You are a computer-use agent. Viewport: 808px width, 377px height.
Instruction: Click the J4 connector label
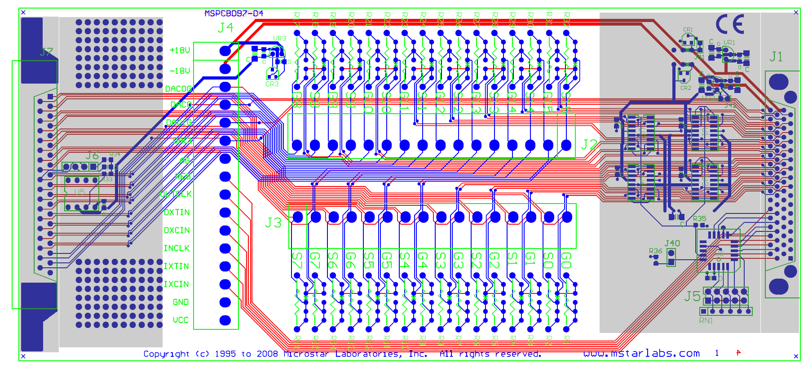click(x=225, y=28)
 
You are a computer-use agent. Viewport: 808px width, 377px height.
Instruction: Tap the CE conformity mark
click(x=730, y=24)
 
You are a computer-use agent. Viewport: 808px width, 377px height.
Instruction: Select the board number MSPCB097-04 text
click(x=234, y=13)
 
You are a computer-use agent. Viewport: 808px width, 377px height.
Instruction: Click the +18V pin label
click(x=180, y=50)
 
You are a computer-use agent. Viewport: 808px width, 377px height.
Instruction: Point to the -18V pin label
click(x=180, y=71)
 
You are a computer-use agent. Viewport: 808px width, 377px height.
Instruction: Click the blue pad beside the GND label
click(x=225, y=302)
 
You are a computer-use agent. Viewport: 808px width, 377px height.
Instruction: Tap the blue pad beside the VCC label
click(x=225, y=320)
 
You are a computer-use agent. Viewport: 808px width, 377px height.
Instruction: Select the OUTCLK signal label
click(x=176, y=194)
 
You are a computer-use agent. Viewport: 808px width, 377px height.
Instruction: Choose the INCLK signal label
click(x=176, y=248)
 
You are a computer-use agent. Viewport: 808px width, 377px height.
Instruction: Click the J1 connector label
click(x=776, y=57)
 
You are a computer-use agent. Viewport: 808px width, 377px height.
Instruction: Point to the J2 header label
click(x=589, y=144)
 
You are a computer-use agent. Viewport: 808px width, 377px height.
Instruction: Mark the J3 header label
click(x=273, y=222)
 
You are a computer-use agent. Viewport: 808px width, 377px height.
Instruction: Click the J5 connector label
click(x=692, y=296)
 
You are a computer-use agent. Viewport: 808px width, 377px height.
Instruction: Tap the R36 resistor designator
click(x=655, y=251)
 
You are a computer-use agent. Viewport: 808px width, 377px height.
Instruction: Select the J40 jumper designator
click(x=672, y=243)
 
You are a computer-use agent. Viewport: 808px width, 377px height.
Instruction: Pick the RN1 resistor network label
click(x=706, y=320)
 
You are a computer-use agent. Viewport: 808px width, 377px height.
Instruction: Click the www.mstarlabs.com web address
click(x=641, y=354)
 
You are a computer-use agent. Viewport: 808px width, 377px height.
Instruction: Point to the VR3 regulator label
click(x=279, y=39)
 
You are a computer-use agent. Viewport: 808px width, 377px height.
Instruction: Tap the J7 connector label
click(x=46, y=53)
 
